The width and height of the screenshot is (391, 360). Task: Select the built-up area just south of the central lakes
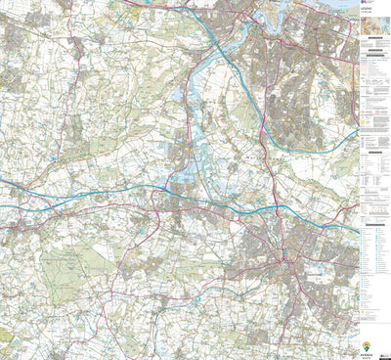(x=176, y=201)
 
